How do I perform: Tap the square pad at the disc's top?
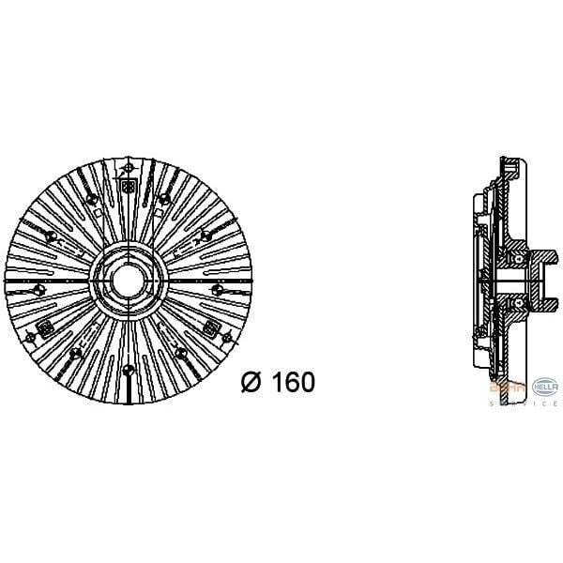click(126, 169)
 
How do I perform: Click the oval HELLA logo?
click(545, 388)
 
